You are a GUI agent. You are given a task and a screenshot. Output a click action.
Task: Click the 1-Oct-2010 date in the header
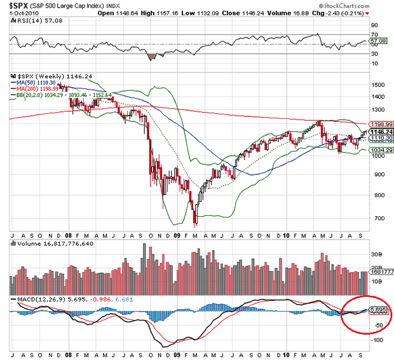(20, 13)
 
